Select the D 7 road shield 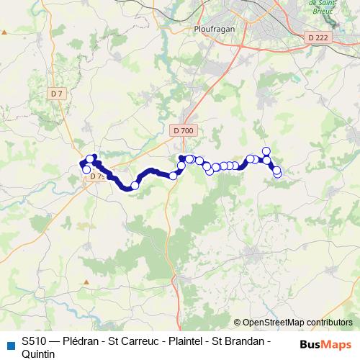tap(58, 94)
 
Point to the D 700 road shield tap(184, 130)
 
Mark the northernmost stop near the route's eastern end tap(266, 150)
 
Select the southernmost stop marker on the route tap(134, 186)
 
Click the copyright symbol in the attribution tap(238, 323)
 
